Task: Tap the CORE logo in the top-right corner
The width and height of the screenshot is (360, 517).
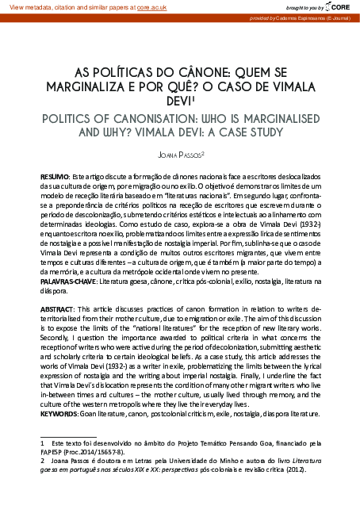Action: click(x=340, y=6)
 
